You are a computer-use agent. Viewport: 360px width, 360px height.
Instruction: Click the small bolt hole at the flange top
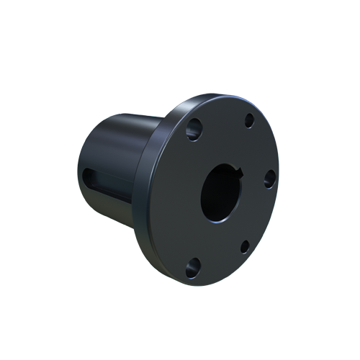(x=249, y=120)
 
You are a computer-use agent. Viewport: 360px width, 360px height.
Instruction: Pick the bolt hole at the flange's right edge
(x=269, y=179)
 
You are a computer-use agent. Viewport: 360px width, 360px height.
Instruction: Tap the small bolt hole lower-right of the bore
(x=245, y=246)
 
